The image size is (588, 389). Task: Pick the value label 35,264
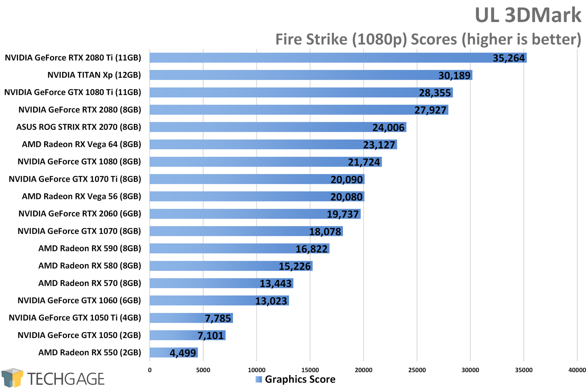click(509, 58)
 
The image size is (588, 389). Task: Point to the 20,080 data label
click(347, 197)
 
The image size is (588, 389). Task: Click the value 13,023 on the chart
click(271, 301)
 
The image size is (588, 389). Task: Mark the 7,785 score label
click(218, 318)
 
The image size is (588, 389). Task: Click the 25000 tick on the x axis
click(417, 370)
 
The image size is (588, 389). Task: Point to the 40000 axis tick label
click(577, 370)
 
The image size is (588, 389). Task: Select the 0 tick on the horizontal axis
click(150, 370)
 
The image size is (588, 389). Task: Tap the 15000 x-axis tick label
click(310, 370)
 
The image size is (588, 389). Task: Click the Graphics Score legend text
click(300, 379)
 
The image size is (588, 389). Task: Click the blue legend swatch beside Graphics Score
click(259, 379)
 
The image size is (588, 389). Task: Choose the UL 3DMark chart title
click(528, 15)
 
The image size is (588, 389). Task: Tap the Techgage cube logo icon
click(12, 378)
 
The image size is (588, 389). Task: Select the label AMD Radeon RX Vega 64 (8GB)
click(82, 145)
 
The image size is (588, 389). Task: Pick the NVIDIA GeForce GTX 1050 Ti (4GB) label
click(75, 318)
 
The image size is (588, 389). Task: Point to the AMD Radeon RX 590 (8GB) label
click(90, 248)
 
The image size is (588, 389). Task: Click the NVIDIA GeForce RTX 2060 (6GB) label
click(80, 214)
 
